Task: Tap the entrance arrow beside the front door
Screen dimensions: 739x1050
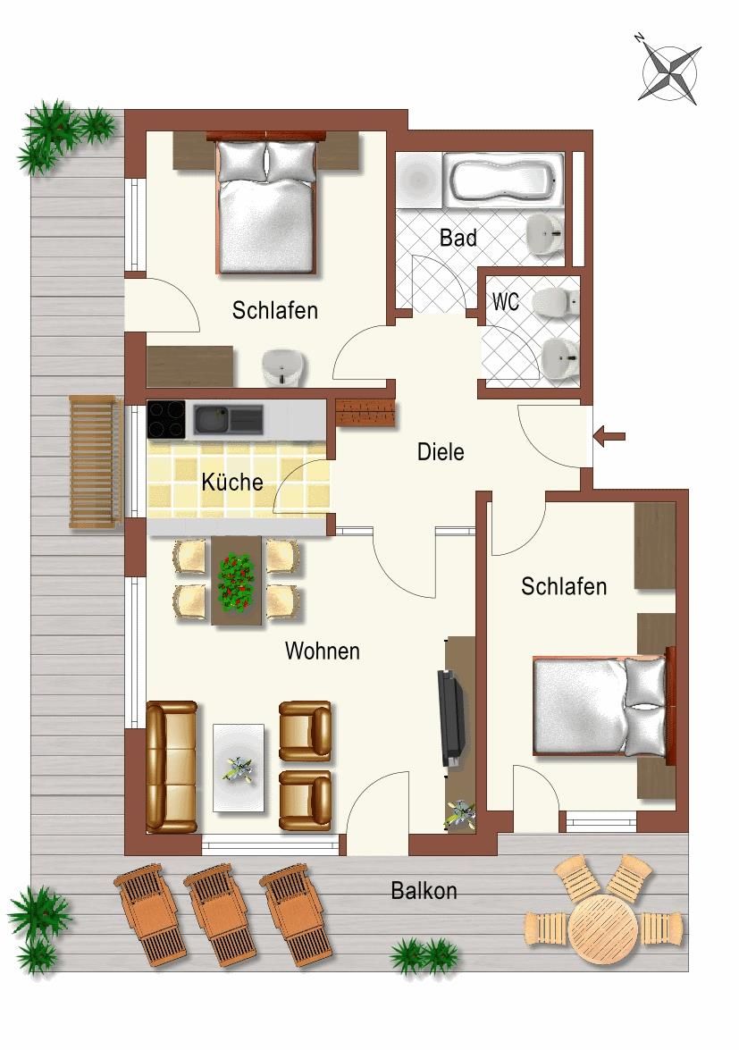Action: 609,437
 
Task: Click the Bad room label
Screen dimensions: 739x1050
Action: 458,238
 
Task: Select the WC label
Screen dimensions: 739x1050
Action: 506,301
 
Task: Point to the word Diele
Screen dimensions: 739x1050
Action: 441,451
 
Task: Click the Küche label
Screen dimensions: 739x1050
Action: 232,482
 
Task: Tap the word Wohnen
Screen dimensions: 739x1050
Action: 322,651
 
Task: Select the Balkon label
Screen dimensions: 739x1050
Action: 424,891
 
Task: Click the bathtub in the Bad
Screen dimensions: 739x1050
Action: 503,179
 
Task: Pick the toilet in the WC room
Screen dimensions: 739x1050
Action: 555,302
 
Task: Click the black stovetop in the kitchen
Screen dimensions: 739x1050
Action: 166,419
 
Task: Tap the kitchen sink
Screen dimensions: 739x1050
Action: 228,420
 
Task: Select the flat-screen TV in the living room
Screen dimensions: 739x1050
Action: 450,718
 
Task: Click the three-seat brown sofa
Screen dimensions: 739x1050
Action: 172,767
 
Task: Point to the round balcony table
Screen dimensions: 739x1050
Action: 603,928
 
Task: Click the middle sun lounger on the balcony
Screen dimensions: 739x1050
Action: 221,914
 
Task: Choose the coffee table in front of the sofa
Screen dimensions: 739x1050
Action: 239,769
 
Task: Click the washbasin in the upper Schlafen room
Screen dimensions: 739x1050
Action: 284,367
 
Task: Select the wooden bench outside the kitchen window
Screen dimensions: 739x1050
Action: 96,462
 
